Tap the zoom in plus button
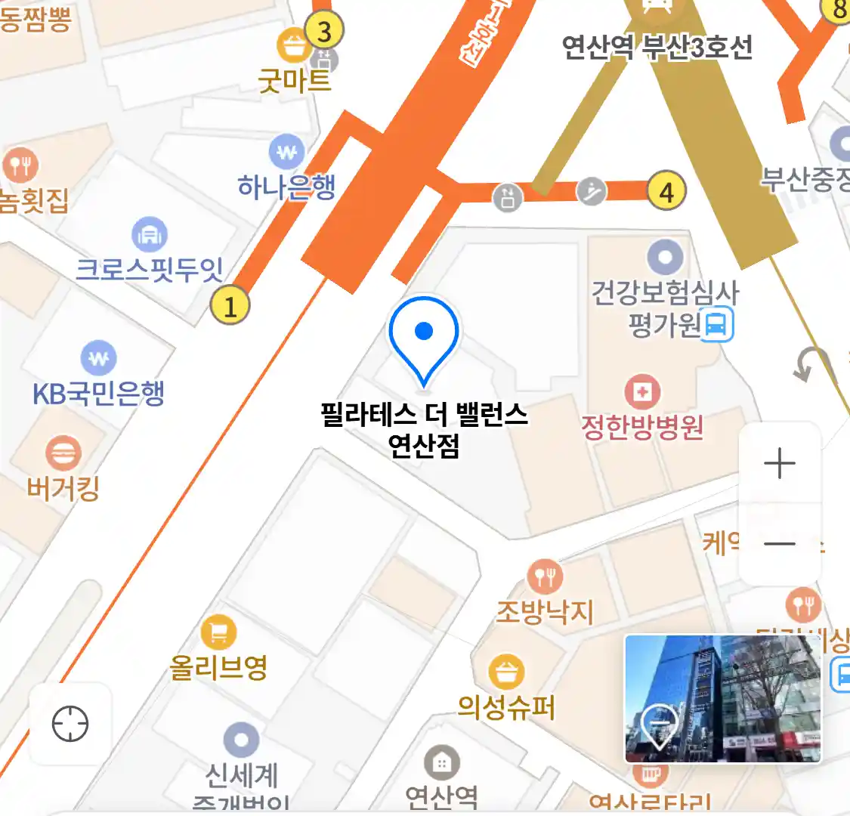click(x=780, y=463)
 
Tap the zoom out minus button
click(x=780, y=544)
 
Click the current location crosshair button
click(x=70, y=724)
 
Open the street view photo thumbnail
click(x=723, y=698)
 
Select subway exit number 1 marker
click(x=230, y=305)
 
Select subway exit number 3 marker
click(x=324, y=32)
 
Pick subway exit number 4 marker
click(x=666, y=191)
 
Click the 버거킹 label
click(x=63, y=488)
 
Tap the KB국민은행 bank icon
click(x=98, y=359)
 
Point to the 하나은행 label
click(x=286, y=186)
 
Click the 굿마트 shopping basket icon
click(x=292, y=45)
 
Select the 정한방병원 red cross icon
click(x=642, y=392)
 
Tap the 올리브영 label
click(x=218, y=667)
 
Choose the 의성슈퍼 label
click(x=506, y=707)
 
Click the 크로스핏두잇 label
click(x=150, y=268)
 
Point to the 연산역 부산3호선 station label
click(x=657, y=48)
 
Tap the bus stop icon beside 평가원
click(x=717, y=325)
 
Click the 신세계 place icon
click(x=241, y=740)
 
